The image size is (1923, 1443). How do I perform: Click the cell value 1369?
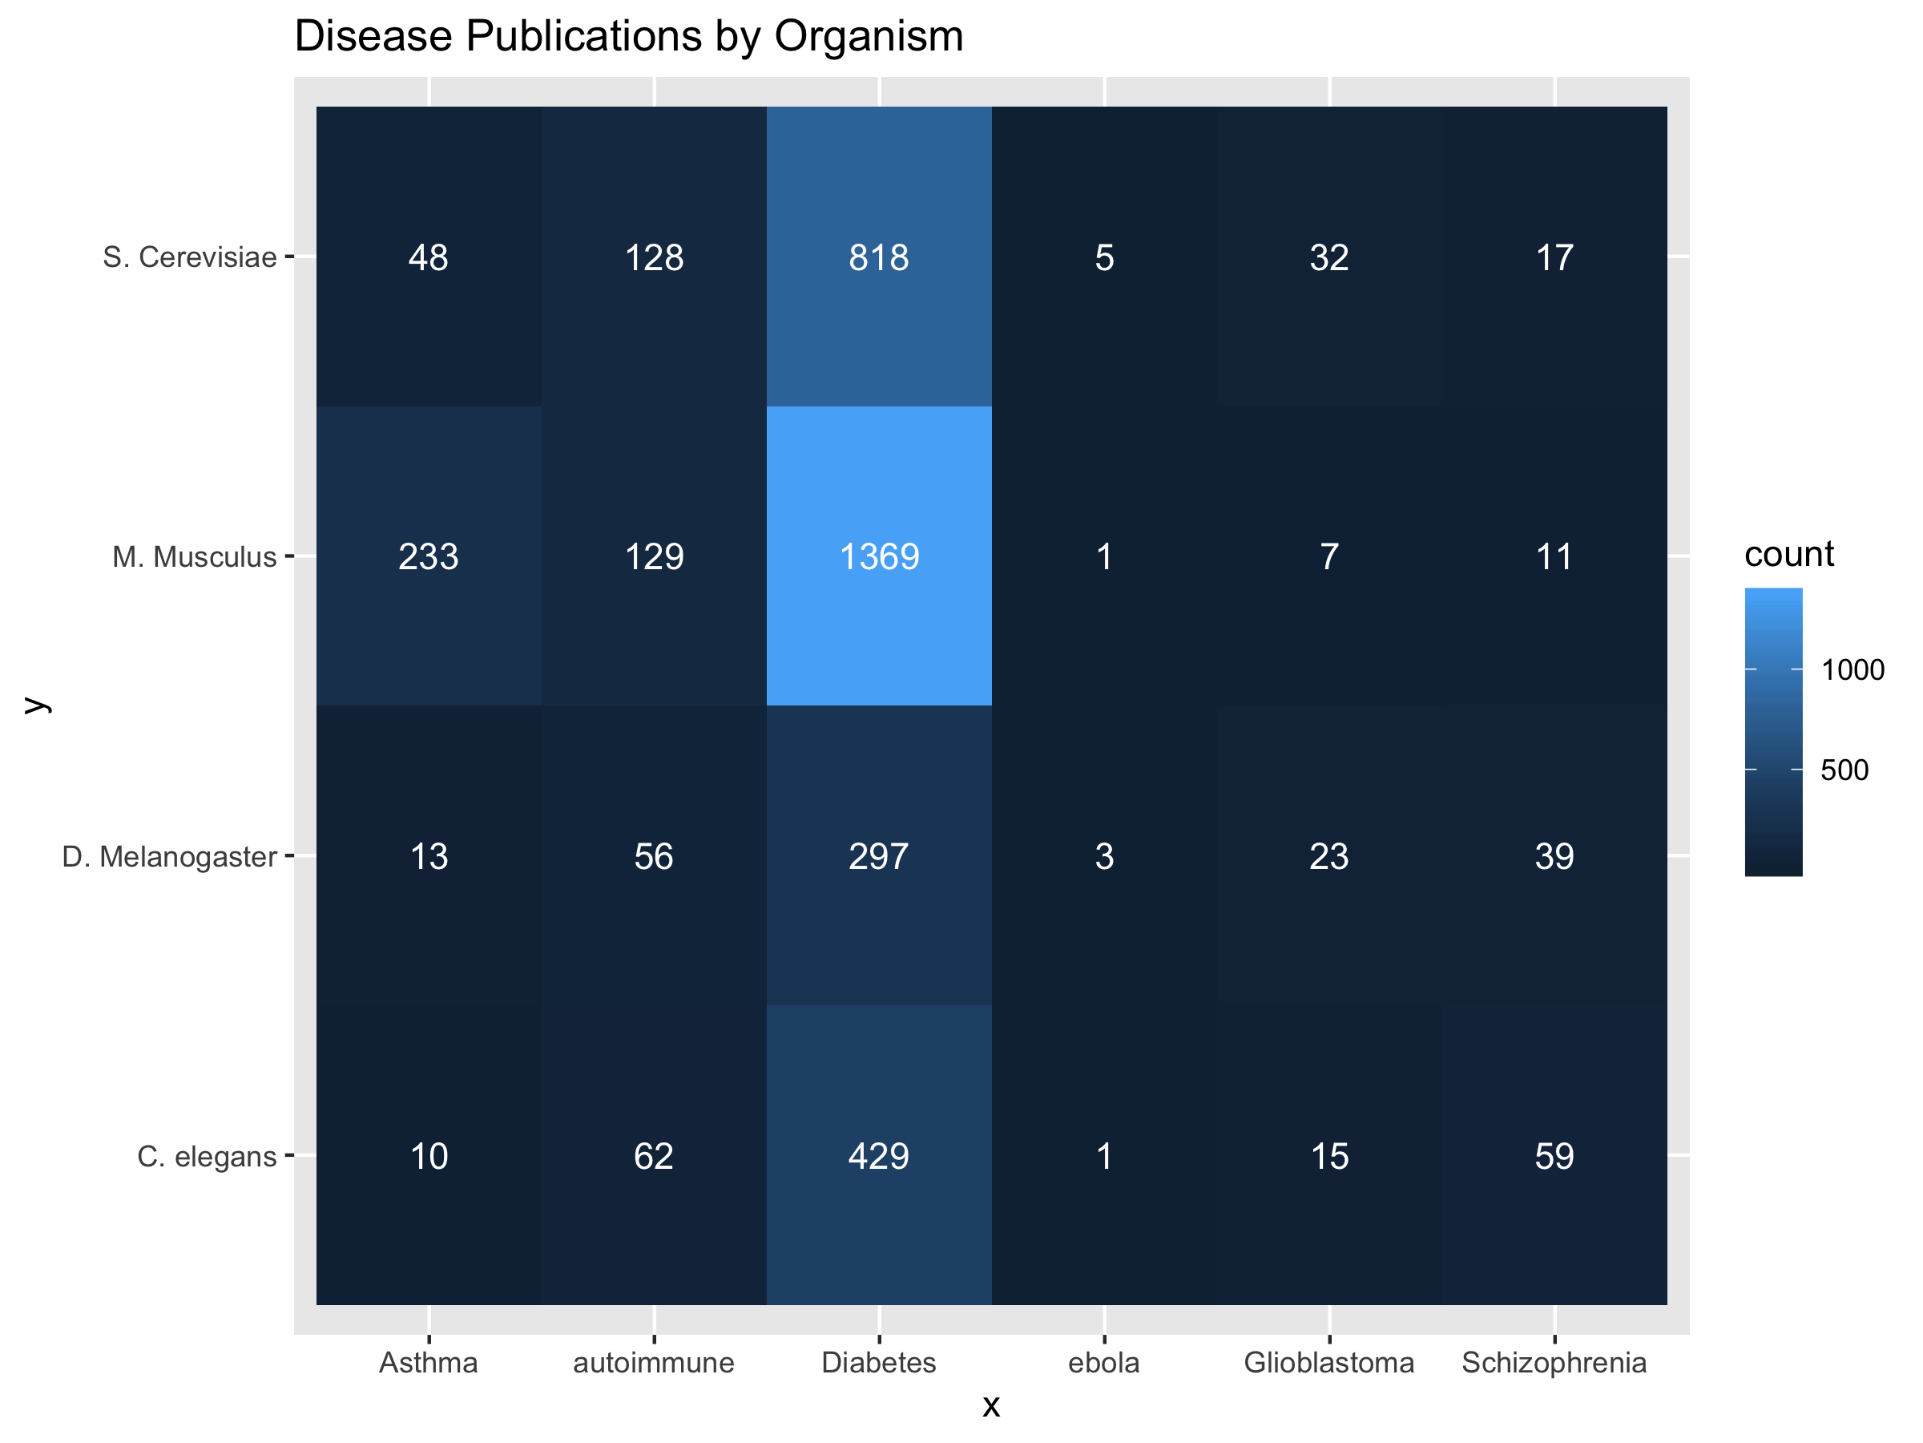(879, 556)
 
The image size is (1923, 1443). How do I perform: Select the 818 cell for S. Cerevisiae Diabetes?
(879, 257)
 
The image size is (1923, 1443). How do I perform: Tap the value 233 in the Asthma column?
(429, 556)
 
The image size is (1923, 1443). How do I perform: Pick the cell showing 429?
(879, 1156)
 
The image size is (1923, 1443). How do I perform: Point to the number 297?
(879, 857)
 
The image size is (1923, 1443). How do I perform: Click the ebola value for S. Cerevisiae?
(1104, 257)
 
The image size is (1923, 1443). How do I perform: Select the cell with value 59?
(1554, 1156)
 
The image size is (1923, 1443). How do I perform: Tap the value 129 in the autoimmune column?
(654, 556)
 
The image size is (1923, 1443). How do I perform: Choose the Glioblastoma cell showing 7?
(1329, 556)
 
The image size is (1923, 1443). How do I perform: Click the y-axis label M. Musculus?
(194, 556)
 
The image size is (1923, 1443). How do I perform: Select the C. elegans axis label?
(206, 1157)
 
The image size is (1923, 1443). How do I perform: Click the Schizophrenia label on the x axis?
(1554, 1362)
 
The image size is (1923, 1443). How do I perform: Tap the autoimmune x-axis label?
(654, 1362)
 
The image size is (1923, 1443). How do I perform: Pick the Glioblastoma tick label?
(1329, 1362)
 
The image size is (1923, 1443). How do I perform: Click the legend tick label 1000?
(1852, 669)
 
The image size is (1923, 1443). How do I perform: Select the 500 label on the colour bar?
(1844, 770)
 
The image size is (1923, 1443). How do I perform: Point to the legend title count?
(1789, 554)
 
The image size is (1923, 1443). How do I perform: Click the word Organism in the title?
(869, 37)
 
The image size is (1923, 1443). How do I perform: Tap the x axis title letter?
(991, 1405)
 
